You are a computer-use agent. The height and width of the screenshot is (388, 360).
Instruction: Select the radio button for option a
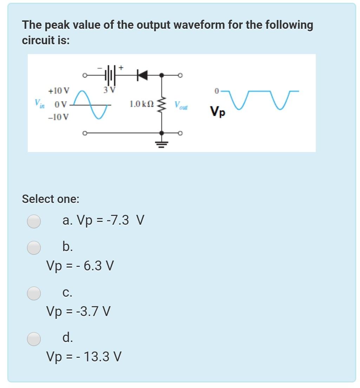pyautogui.click(x=34, y=221)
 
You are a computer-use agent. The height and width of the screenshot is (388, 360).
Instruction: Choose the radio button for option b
pyautogui.click(x=34, y=248)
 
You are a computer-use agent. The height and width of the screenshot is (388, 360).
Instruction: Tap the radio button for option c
pyautogui.click(x=34, y=293)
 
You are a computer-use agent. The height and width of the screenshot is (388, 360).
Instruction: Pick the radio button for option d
pyautogui.click(x=34, y=338)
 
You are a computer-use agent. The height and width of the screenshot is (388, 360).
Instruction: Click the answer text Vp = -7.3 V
pyautogui.click(x=103, y=221)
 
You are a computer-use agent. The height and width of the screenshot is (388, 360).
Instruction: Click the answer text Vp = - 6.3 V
pyautogui.click(x=80, y=266)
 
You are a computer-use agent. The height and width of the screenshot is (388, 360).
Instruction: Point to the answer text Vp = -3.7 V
pyautogui.click(x=79, y=311)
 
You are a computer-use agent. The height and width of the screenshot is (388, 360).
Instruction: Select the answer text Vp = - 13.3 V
pyautogui.click(x=84, y=357)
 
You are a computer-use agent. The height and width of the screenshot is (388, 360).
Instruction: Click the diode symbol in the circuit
pyautogui.click(x=142, y=75)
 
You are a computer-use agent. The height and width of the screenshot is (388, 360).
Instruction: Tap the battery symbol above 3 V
pyautogui.click(x=110, y=74)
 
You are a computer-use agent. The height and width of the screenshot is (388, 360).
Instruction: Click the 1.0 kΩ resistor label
pyautogui.click(x=141, y=104)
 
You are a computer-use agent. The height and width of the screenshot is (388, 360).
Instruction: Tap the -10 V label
pyautogui.click(x=59, y=117)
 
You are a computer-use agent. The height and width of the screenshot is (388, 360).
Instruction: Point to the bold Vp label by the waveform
pyautogui.click(x=218, y=112)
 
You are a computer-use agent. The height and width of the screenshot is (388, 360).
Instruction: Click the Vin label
pyautogui.click(x=39, y=104)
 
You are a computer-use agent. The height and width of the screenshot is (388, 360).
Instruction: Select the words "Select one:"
pyautogui.click(x=51, y=199)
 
